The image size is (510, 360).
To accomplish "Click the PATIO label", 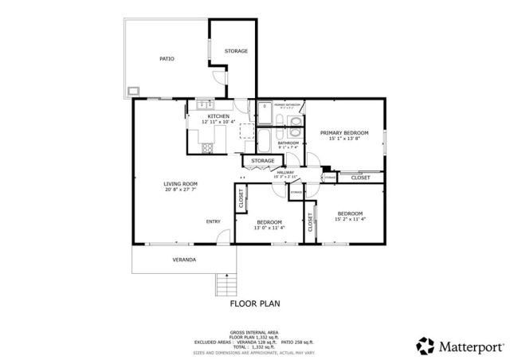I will [167, 59].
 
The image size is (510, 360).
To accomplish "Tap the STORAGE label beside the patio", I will [236, 51].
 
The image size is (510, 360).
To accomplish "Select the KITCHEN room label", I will [197, 116].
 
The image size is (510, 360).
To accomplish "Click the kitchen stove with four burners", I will [208, 146].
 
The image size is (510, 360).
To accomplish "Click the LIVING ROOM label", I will [180, 184].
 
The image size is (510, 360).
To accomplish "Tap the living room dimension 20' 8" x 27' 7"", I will [180, 190].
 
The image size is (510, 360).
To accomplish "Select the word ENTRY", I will [214, 221].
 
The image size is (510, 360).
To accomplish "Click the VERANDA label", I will [184, 260].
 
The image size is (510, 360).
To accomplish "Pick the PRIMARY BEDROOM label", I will [343, 132].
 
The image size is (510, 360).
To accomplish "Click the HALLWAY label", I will [285, 173].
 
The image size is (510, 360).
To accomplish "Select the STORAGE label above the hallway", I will [263, 161].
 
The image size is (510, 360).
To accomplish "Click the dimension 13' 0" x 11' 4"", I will [269, 228].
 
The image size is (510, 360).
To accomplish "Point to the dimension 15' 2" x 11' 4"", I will [350, 219].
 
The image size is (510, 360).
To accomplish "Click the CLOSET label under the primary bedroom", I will [360, 178].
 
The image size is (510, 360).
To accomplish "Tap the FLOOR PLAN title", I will [255, 303].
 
